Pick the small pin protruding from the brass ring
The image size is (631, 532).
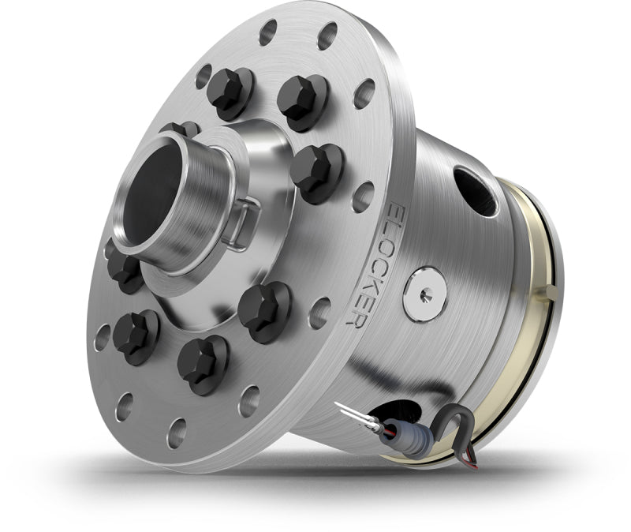552,292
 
